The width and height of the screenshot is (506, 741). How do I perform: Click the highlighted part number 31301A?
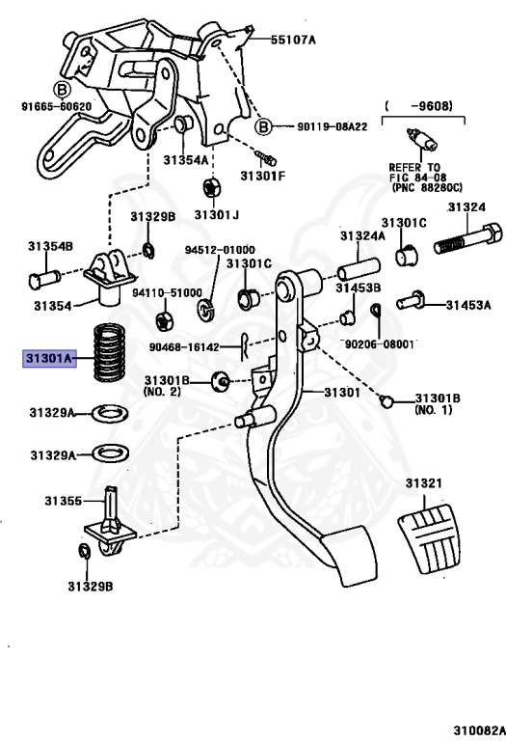[x=50, y=358]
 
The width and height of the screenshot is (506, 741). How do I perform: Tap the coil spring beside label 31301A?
[x=110, y=352]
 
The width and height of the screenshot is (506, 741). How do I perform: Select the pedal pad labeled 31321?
[x=429, y=537]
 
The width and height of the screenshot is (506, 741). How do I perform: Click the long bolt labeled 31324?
[x=468, y=239]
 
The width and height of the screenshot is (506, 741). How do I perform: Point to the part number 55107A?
[x=293, y=40]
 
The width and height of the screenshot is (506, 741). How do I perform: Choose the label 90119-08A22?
[x=332, y=126]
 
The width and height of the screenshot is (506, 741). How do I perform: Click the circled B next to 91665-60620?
[x=62, y=90]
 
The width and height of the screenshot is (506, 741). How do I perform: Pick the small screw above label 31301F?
[x=266, y=157]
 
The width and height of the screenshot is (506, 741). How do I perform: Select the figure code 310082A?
[x=479, y=730]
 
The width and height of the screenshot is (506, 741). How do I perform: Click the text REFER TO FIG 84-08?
[x=414, y=173]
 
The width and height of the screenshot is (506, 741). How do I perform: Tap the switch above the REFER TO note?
[x=421, y=140]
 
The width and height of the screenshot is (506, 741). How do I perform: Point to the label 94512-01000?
[x=220, y=250]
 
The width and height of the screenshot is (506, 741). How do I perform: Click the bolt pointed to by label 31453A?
[x=411, y=300]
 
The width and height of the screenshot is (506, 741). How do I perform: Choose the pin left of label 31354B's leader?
[x=44, y=278]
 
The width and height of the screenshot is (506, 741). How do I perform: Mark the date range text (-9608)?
[x=418, y=105]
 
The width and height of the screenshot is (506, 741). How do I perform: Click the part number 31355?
[x=64, y=501]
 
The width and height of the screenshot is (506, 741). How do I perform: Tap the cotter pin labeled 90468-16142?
[x=244, y=346]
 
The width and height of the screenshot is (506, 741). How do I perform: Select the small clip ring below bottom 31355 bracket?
[x=84, y=551]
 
